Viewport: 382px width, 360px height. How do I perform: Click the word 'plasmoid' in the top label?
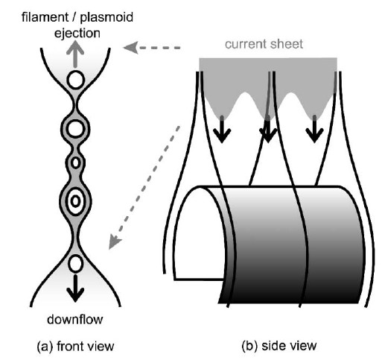tap(107, 18)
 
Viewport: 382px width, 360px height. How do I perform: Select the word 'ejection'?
tap(77, 34)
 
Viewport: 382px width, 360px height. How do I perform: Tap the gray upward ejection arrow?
tap(75, 54)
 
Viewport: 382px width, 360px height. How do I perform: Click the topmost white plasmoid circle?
tap(76, 80)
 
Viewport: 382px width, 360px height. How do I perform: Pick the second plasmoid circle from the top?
tap(75, 129)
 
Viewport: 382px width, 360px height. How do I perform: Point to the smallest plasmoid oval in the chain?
tap(75, 162)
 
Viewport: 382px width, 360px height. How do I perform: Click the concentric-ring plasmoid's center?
tap(75, 201)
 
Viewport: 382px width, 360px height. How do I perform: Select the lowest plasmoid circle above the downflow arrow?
tap(75, 263)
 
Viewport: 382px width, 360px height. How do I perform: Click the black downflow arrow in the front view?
tap(75, 288)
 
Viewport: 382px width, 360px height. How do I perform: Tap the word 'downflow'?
tap(75, 320)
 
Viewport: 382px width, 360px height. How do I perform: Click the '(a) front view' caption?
tap(75, 347)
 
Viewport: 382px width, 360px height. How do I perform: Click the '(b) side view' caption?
tap(279, 346)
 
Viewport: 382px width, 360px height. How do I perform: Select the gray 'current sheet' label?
tap(264, 44)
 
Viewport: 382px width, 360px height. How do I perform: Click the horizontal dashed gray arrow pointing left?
tap(152, 48)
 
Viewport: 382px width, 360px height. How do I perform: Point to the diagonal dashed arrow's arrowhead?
tap(114, 241)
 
